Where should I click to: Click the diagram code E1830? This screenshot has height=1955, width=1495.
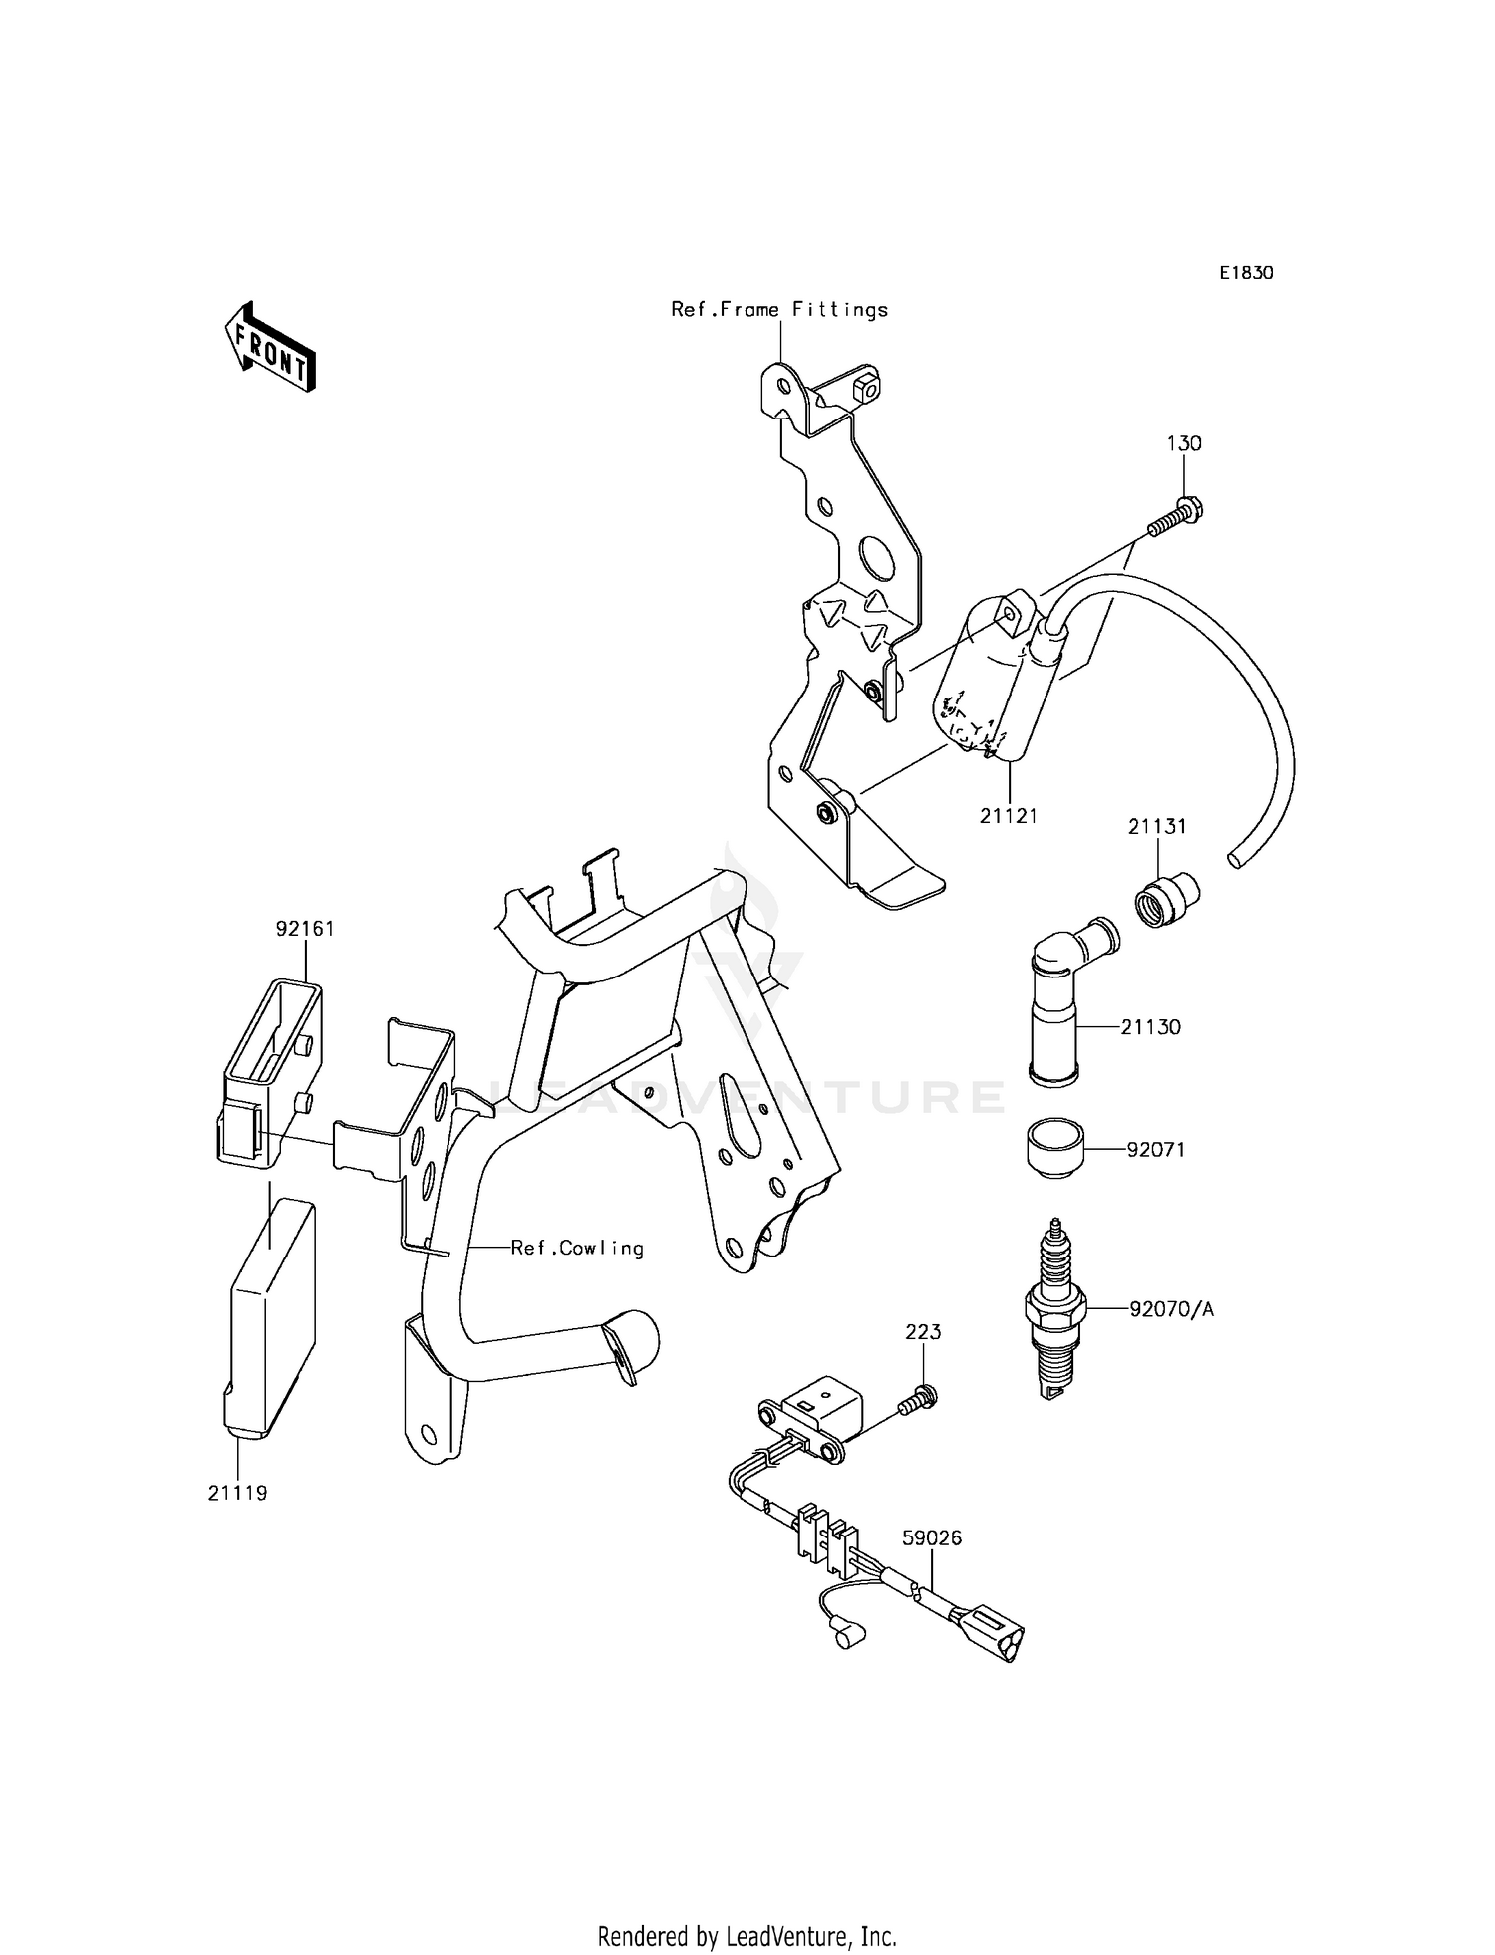click(x=1245, y=273)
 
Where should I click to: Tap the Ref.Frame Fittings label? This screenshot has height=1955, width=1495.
click(x=778, y=310)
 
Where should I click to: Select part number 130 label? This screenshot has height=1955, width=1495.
click(x=1184, y=443)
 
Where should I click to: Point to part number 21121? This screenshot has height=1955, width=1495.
click(x=1008, y=816)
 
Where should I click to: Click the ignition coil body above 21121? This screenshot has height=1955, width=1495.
click(x=987, y=688)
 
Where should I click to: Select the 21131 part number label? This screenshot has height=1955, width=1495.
click(x=1157, y=827)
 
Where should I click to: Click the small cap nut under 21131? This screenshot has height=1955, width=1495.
click(x=1167, y=888)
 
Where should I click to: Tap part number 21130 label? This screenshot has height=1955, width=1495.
click(x=1150, y=1027)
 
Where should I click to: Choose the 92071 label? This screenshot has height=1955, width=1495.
click(x=1155, y=1149)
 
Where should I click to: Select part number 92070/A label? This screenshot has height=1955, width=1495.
click(x=1171, y=1309)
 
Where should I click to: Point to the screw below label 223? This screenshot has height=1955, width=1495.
click(x=915, y=1400)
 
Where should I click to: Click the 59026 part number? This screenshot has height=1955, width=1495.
click(x=932, y=1538)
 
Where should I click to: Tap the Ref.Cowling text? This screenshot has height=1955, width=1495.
click(x=577, y=1248)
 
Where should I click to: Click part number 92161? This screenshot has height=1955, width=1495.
click(x=305, y=929)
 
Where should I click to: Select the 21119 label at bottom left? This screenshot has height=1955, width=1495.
click(x=238, y=1522)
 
